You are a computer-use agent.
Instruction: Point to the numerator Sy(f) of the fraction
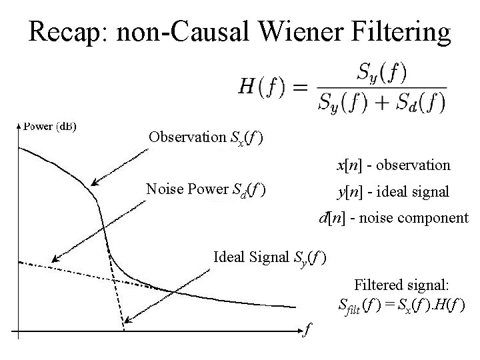tap(380, 71)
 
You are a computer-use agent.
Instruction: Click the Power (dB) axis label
tap(49, 126)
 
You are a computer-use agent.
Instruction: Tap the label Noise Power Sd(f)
tap(206, 190)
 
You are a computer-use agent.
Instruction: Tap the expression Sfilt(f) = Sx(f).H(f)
tap(402, 306)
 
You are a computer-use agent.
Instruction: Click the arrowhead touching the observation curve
tap(94, 183)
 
